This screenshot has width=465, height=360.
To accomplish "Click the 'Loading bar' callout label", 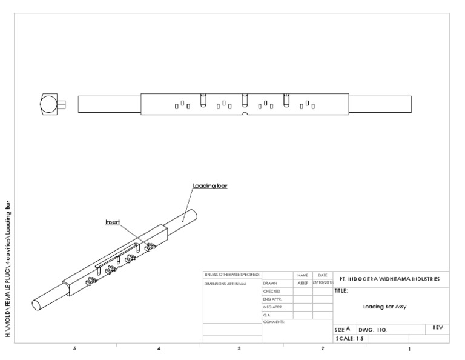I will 209,185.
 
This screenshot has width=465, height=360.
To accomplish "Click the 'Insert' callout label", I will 113,222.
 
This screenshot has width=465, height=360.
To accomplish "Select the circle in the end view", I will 49,104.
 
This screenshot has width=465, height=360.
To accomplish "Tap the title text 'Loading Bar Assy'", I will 384,307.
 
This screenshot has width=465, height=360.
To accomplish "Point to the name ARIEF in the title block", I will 303,283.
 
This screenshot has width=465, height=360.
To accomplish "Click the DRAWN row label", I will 270,283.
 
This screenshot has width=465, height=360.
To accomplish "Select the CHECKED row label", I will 271,292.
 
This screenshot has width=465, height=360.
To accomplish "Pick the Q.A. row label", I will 267,315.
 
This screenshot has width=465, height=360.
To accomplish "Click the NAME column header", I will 303,275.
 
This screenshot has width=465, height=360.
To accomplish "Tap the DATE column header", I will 323,275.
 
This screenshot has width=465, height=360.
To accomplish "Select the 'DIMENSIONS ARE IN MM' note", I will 225,283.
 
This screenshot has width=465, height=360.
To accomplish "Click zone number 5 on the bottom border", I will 74,349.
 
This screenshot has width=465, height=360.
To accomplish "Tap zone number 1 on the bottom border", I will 410,349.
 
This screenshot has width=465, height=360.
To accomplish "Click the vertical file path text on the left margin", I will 8,275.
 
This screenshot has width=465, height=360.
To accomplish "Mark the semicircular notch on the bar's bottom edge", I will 245,114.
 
